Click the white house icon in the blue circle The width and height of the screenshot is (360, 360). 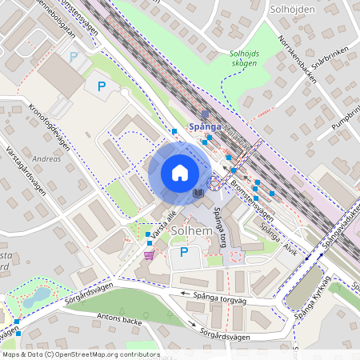[179, 173]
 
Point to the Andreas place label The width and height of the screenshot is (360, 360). [47, 158]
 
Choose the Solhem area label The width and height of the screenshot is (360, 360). [191, 231]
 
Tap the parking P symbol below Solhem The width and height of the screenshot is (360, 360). [183, 253]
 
